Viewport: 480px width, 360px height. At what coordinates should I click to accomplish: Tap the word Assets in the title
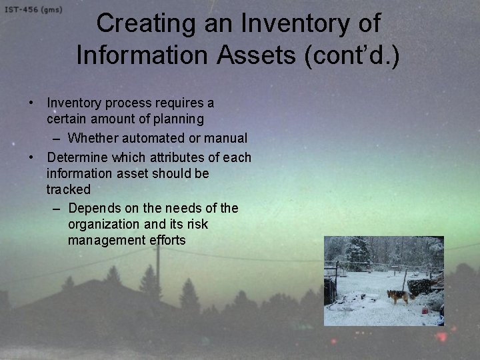click(x=266, y=55)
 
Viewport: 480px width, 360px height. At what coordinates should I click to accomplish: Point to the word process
click(x=126, y=103)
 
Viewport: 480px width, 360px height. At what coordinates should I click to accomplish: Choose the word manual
click(x=227, y=139)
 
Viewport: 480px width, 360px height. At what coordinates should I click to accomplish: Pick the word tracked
click(x=68, y=189)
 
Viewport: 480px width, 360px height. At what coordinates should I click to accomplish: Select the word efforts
click(x=165, y=240)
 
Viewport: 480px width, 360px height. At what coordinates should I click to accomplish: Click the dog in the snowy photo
click(x=398, y=296)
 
